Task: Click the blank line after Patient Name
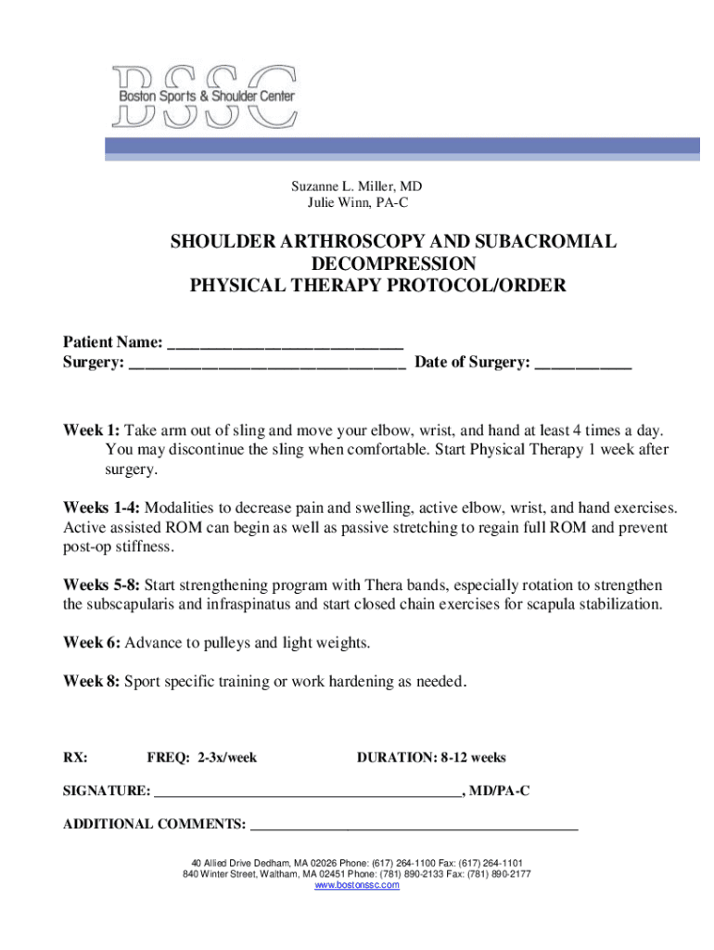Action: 286,344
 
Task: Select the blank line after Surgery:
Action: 267,363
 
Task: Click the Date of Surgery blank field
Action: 583,363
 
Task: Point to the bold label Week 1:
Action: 91,431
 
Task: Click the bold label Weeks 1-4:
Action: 102,508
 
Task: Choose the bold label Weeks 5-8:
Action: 102,585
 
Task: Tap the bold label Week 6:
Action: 91,643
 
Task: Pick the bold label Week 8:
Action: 91,681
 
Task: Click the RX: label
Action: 75,758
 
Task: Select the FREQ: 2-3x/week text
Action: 201,758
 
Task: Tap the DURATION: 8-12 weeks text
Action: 431,758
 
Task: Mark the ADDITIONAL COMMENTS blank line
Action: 414,825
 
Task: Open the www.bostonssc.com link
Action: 357,886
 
